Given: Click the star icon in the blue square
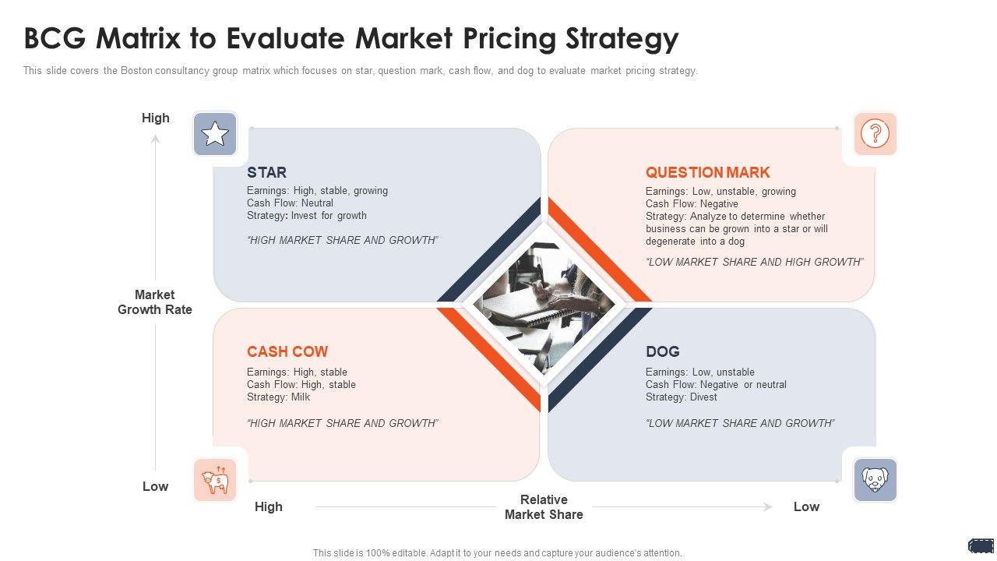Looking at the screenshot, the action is pos(215,133).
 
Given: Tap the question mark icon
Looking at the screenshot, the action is pos(875,133).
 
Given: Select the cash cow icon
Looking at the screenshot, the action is pos(215,480).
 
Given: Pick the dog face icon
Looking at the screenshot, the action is pos(875,479).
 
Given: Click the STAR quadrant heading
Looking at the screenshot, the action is pos(266,172).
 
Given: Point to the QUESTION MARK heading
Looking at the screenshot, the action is pos(708,172).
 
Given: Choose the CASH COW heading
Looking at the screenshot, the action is pos(287,351).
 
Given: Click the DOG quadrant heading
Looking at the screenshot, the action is pos(663,351).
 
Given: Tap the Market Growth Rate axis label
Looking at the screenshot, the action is pos(155,302).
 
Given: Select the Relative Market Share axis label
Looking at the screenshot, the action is pos(544,506).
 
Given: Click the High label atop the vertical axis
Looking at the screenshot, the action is pos(155,118).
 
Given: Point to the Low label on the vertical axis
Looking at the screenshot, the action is pos(155,486).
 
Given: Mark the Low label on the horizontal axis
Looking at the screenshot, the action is pos(806,506).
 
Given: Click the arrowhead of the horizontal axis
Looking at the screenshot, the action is pos(767,506).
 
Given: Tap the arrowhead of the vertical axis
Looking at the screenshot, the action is pos(155,139).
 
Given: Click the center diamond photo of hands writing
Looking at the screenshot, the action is pos(544,305).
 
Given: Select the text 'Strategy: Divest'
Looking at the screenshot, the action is pos(682,397).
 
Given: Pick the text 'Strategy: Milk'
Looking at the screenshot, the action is pos(278,397).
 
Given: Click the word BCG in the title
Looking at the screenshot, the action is pos(55,38).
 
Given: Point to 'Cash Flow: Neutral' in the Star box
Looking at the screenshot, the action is pos(290,203).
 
